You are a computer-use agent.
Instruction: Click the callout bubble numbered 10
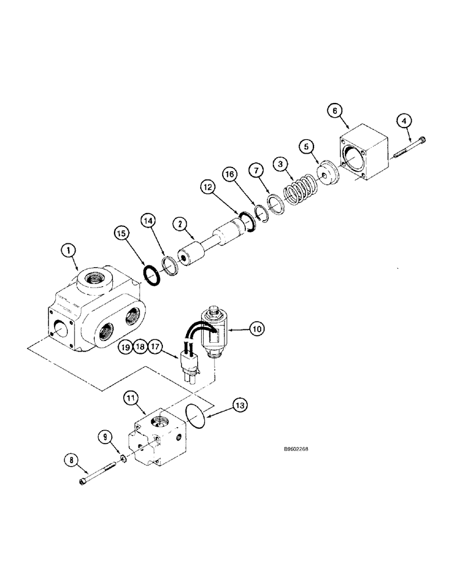256,329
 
